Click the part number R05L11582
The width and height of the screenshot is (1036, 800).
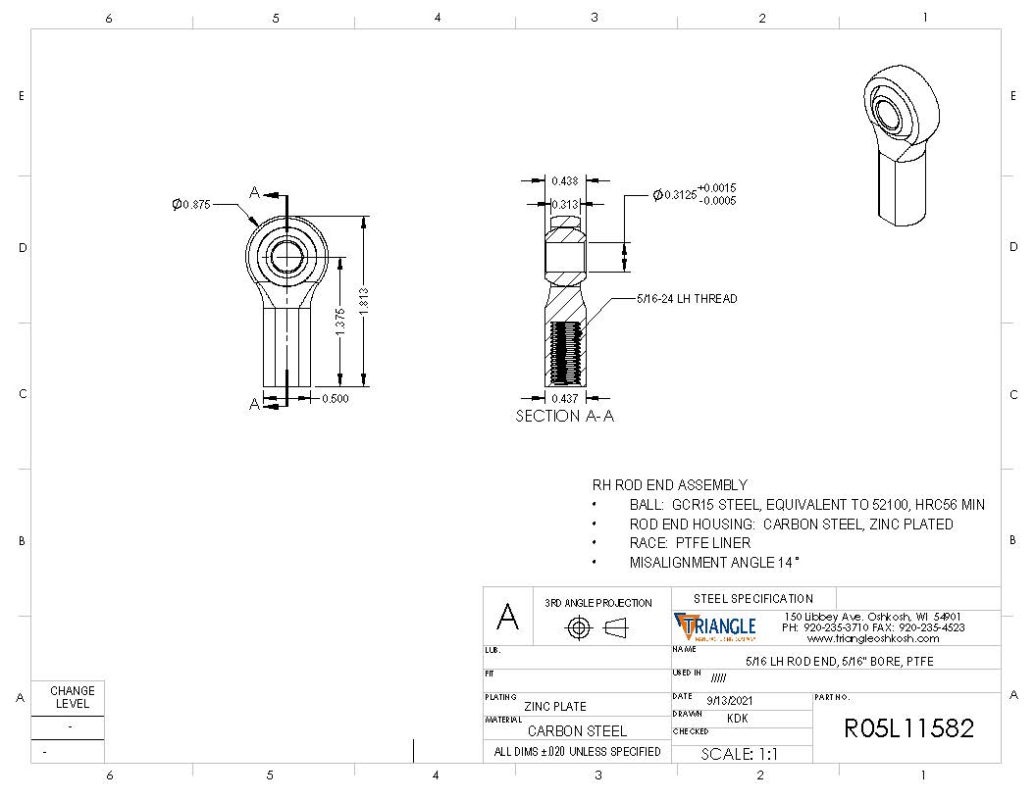pos(908,728)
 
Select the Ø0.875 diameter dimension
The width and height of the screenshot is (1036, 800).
pos(191,204)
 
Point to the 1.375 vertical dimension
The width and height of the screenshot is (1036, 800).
pos(340,323)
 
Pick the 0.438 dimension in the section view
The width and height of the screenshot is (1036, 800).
pos(563,180)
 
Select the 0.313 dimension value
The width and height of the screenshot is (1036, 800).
pos(563,204)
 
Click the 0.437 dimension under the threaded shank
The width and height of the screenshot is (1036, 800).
pos(563,398)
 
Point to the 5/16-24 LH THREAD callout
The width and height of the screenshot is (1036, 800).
pos(687,298)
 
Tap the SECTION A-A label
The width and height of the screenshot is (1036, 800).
pos(564,416)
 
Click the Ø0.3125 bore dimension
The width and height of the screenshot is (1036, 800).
pos(695,194)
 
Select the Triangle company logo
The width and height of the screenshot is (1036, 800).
pos(715,626)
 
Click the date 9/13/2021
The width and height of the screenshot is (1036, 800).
pos(730,700)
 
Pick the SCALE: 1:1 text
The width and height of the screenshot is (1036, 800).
pos(739,754)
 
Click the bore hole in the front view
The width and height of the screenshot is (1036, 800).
pos(287,256)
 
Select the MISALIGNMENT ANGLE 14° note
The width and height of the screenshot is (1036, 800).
pos(714,563)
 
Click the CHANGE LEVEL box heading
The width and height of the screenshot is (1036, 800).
pos(73,697)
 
